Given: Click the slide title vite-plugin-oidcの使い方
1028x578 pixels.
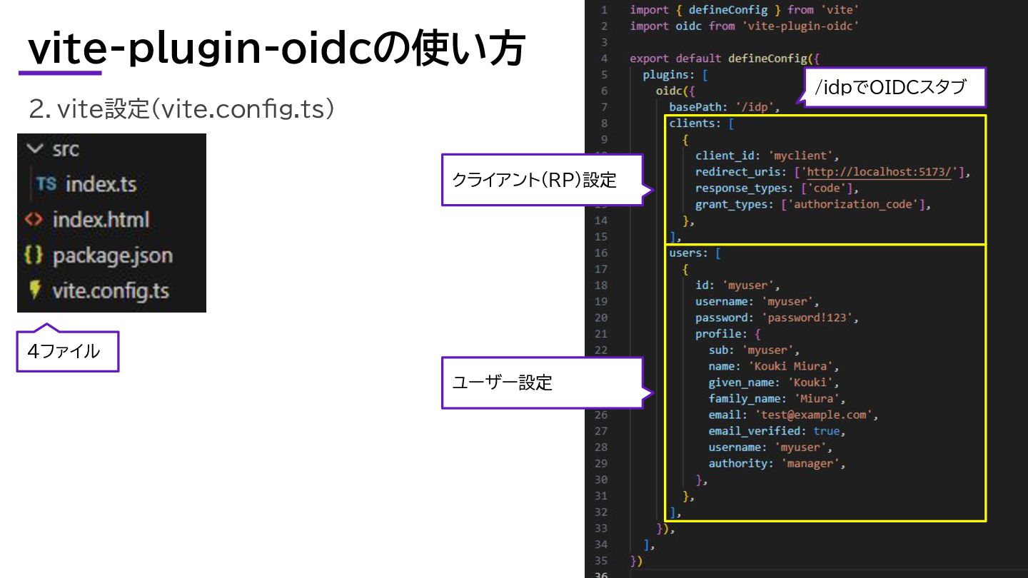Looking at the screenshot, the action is click(x=276, y=50).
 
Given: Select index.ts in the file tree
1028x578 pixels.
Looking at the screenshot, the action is click(x=101, y=184).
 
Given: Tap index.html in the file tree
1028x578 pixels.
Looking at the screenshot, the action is click(x=101, y=220).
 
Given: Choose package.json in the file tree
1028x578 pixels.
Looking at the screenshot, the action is click(x=112, y=255).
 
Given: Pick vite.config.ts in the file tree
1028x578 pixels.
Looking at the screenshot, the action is click(x=110, y=291).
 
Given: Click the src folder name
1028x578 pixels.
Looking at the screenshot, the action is click(x=66, y=149).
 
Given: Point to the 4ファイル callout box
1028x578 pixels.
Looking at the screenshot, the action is click(x=67, y=351).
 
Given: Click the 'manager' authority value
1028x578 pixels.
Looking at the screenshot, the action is click(x=812, y=463).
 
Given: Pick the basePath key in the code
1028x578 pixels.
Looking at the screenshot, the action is click(x=695, y=107).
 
